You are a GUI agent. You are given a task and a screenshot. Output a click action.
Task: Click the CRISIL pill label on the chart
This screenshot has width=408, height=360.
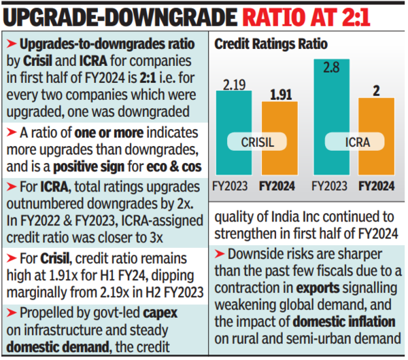(256, 142)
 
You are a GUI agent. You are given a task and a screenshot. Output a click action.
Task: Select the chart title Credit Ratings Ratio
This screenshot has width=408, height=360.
(271, 44)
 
